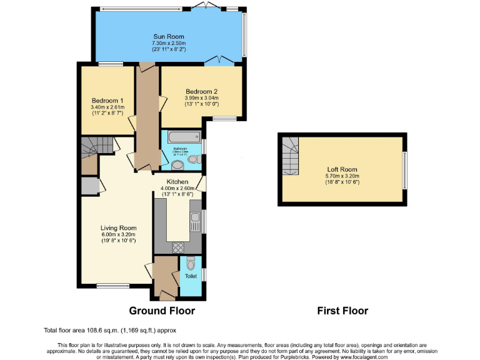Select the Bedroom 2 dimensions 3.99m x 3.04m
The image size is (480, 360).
click(202, 98)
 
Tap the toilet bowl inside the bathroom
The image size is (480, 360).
click(192, 161)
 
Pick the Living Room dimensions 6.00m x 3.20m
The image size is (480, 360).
click(119, 235)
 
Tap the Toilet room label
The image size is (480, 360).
click(191, 276)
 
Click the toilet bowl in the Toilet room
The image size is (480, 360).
click(191, 262)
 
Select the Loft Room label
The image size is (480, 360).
click(342, 169)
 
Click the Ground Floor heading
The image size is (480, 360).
click(162, 311)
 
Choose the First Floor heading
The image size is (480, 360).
click(342, 311)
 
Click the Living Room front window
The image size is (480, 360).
click(113, 286)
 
